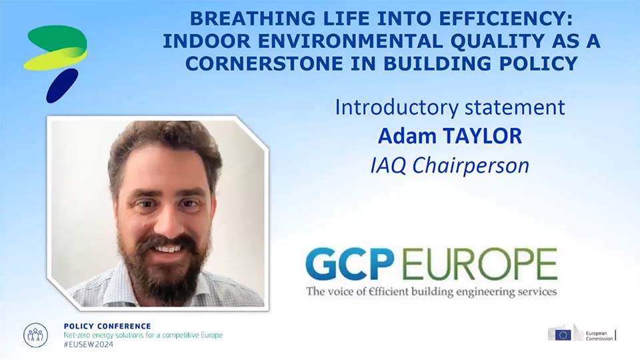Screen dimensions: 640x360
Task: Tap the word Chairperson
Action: [471, 166]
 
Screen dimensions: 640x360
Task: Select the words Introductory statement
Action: [450, 107]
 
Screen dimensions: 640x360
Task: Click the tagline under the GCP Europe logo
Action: [431, 291]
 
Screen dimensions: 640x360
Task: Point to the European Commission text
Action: [599, 336]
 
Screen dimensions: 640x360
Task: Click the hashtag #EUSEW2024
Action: [89, 345]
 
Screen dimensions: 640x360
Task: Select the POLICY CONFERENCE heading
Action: [107, 326]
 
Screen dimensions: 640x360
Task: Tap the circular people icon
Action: [35, 335]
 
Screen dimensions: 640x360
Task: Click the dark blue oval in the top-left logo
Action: [61, 85]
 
